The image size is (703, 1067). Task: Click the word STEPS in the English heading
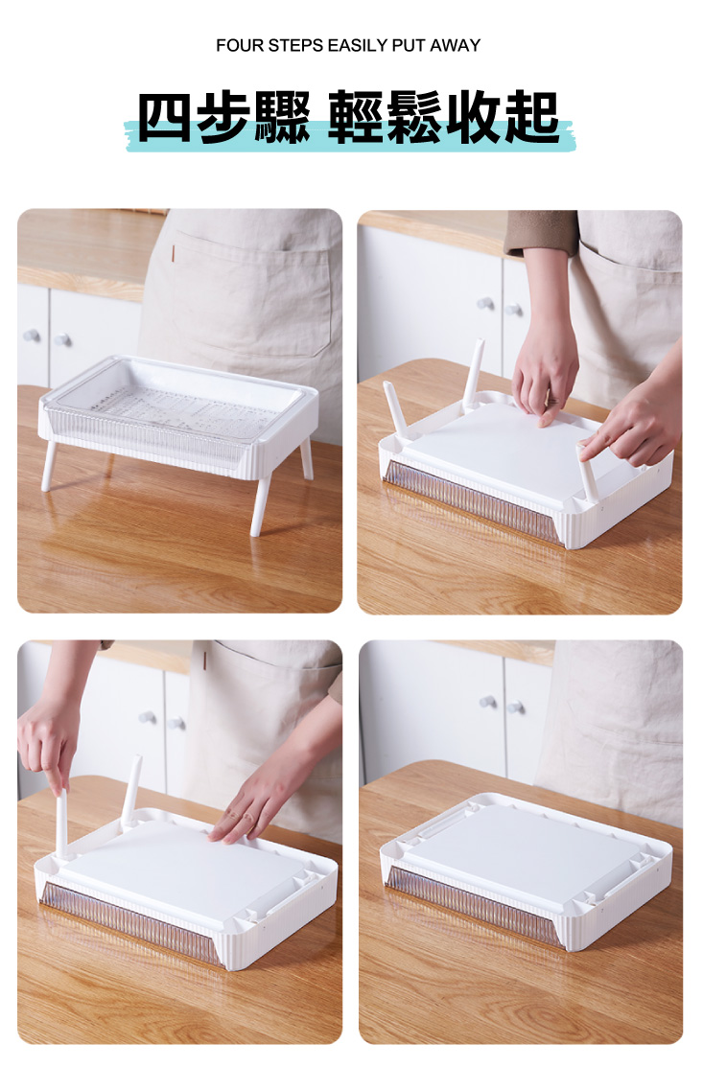pyautogui.click(x=295, y=46)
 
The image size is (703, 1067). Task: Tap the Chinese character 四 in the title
pyautogui.click(x=164, y=117)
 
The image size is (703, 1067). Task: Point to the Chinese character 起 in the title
pyautogui.click(x=533, y=117)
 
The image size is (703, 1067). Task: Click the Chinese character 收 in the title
pyautogui.click(x=475, y=117)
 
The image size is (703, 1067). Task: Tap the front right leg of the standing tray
pyautogui.click(x=260, y=502)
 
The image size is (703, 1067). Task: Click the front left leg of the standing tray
pyautogui.click(x=49, y=466)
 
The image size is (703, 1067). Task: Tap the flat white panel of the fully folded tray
pyautogui.click(x=523, y=854)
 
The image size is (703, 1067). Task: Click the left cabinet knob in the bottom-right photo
pyautogui.click(x=487, y=703)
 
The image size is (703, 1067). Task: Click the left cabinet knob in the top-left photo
pyautogui.click(x=32, y=335)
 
